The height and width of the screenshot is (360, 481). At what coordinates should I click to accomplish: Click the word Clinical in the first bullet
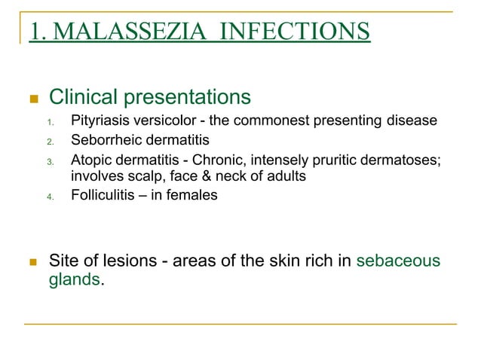coord(81,98)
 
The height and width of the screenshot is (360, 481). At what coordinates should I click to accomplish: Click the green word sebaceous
coord(398,262)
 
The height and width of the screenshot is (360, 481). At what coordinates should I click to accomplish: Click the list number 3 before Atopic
coord(50,160)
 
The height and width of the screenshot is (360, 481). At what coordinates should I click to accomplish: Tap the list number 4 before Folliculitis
coord(50,197)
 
